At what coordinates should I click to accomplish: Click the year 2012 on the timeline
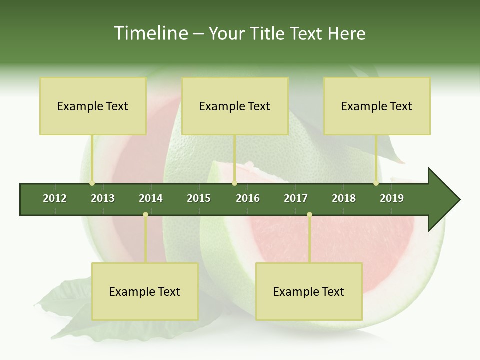coord(55,198)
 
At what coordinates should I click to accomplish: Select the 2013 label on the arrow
coord(103,198)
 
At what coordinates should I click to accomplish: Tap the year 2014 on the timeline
coord(151,198)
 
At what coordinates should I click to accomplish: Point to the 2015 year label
coord(199,198)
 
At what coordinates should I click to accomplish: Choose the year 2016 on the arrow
coord(248,198)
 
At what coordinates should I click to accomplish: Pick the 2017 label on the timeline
coord(296,198)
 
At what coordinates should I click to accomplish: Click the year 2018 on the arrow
coord(344,198)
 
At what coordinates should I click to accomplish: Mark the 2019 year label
coord(392,198)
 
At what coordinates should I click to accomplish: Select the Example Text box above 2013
coord(93,106)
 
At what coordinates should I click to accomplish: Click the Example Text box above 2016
coord(235,106)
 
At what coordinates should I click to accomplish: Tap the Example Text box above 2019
coord(377,106)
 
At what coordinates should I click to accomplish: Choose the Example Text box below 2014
coord(145,291)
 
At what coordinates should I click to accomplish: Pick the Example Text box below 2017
coord(309,291)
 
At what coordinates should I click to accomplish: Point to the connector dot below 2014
coord(145,214)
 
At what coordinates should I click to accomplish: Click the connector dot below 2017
coord(309,214)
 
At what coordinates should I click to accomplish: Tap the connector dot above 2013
coord(92,183)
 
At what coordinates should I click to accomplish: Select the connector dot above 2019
coord(376,183)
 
